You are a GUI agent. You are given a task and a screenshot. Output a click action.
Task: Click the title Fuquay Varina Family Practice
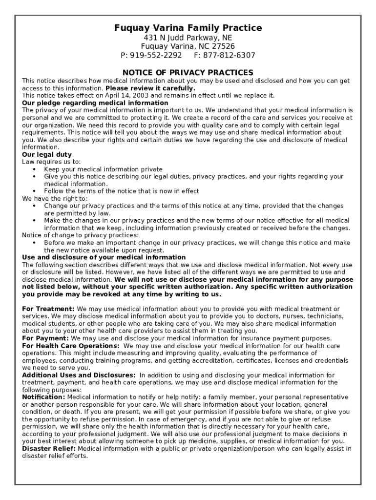pos(188,28)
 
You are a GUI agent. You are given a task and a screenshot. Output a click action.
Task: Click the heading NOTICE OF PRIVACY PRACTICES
pos(188,73)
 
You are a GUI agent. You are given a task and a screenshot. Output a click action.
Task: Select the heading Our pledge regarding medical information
pos(95,103)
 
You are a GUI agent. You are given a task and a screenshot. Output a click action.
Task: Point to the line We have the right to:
pos(55,199)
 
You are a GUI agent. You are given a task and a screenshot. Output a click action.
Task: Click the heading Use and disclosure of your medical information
pos(104,257)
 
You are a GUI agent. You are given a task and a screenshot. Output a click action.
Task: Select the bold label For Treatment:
pos(48,309)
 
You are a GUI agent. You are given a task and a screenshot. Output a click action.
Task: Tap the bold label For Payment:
pos(46,338)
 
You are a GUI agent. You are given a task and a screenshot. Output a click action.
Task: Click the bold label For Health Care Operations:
pos(71,346)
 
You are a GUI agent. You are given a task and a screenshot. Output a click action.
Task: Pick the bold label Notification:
pos(43,397)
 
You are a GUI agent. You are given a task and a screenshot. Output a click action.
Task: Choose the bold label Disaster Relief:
pos(49,449)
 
